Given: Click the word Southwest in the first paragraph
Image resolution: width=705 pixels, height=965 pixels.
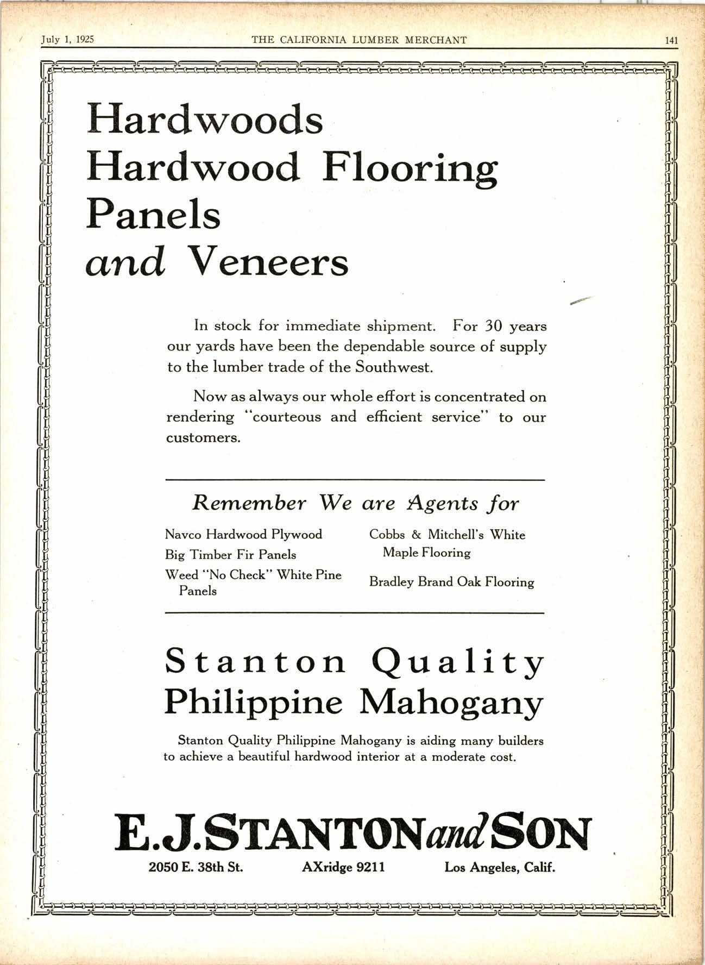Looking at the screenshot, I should tap(394, 367).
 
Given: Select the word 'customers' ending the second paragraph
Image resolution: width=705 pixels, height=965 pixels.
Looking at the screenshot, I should tap(203, 438).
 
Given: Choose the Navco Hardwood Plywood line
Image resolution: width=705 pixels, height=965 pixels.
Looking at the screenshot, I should tap(243, 535).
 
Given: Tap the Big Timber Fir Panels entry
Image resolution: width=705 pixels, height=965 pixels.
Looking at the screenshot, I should tap(230, 555).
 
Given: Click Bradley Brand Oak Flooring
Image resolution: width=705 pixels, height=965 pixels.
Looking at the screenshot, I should tap(451, 582).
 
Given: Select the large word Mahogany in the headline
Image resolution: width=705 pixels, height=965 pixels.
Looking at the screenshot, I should tap(451, 703).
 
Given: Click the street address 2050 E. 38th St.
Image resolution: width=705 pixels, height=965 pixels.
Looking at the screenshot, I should tap(196, 867).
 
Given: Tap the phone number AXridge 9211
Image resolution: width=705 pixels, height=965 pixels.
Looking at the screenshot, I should tap(343, 867).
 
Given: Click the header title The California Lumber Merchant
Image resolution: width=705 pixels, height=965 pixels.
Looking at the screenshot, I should tap(359, 40).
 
